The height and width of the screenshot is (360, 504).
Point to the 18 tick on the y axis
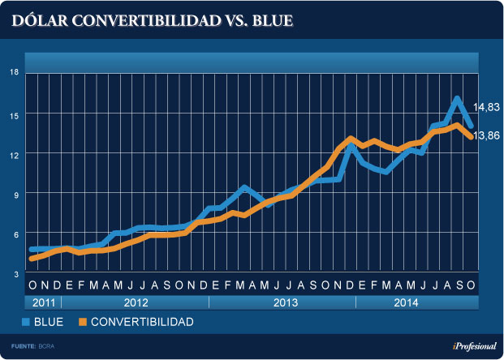click(x=14, y=72)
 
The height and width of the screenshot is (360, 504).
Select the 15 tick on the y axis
click(x=14, y=114)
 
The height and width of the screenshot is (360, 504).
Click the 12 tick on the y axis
click(x=14, y=153)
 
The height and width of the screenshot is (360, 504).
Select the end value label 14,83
click(x=487, y=106)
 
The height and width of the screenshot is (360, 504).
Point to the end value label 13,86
click(x=487, y=135)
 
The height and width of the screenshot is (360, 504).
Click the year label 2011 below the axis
click(x=42, y=302)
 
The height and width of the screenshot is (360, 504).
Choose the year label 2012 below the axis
click(x=135, y=302)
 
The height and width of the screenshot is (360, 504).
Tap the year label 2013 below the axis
click(x=282, y=302)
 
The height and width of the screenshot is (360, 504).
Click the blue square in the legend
click(x=27, y=322)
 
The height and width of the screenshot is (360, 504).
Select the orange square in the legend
click(x=81, y=322)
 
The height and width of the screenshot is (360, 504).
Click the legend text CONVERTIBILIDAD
click(x=141, y=322)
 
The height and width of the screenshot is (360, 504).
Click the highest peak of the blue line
click(x=457, y=99)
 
